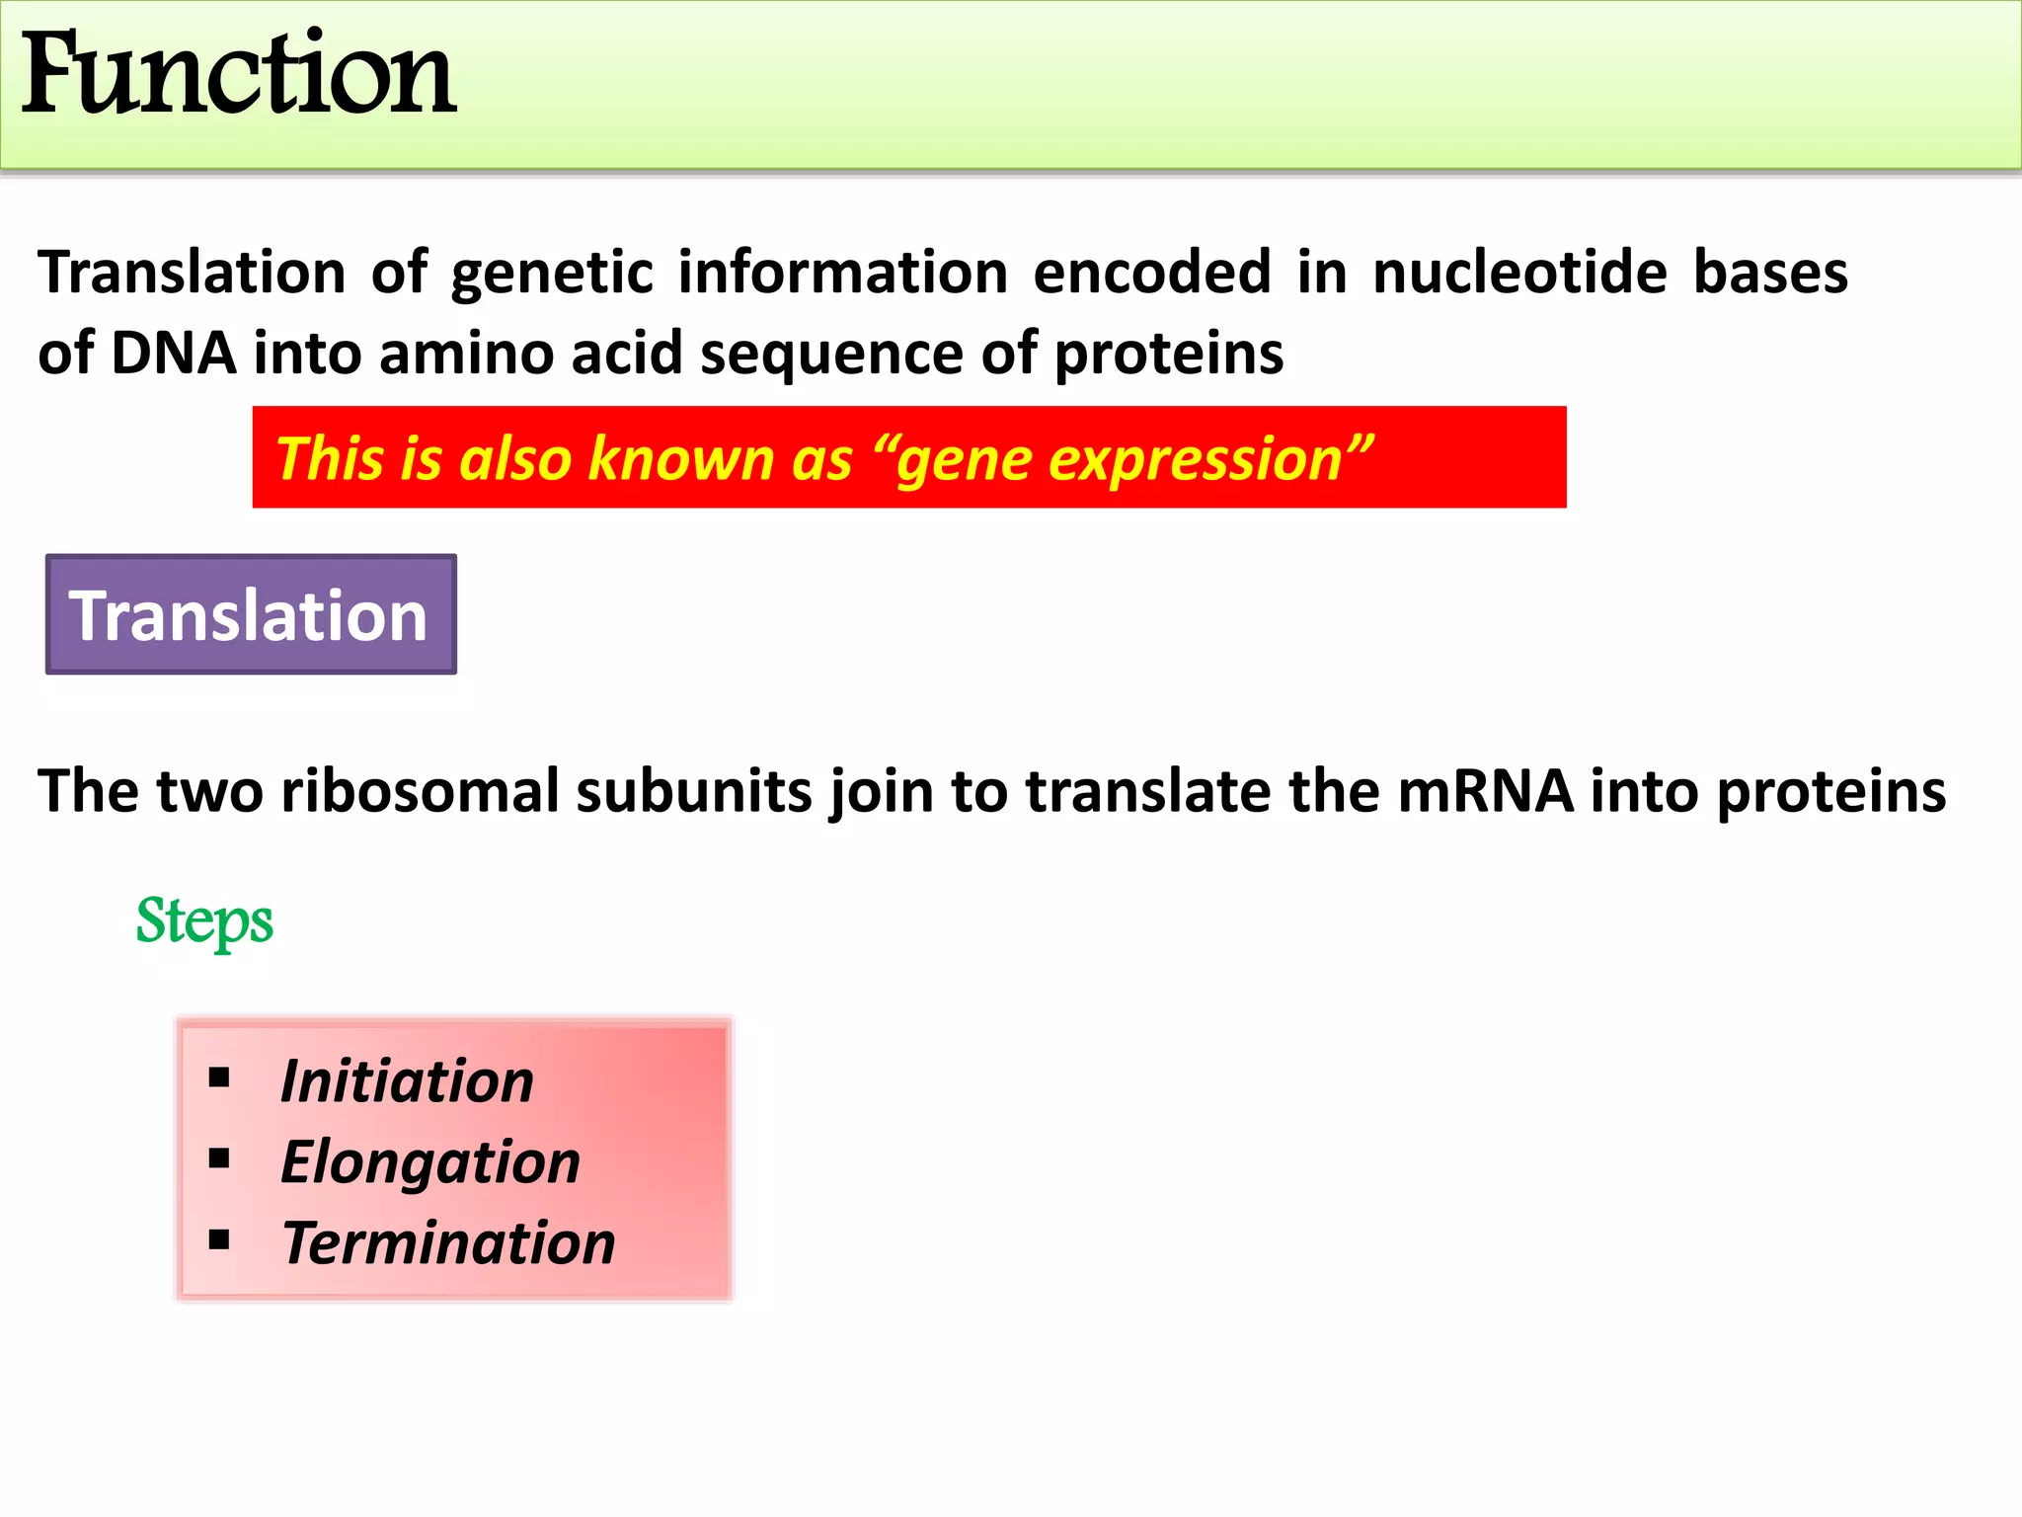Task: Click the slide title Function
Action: (237, 74)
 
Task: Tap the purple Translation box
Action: (251, 615)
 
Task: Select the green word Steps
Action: (204, 921)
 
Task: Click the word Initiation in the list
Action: (407, 1080)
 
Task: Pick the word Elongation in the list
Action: (430, 1161)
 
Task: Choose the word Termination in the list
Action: (448, 1242)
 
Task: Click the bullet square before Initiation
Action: (219, 1078)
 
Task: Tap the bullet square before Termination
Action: (219, 1239)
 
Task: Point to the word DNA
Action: (174, 354)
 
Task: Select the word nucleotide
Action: (1520, 273)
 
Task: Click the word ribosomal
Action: (420, 791)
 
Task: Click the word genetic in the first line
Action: (552, 275)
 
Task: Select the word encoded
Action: (1152, 273)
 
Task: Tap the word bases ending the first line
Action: (1770, 273)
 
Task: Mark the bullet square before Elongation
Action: (219, 1158)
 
